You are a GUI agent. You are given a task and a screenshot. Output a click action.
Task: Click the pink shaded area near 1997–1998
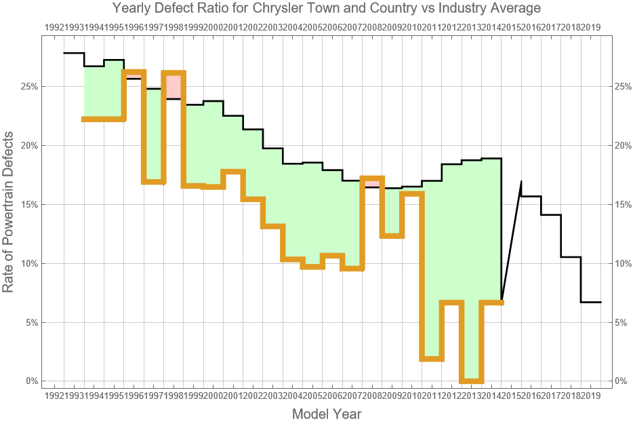tap(173, 86)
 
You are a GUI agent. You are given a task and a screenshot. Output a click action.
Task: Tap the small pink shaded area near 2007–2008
tap(372, 183)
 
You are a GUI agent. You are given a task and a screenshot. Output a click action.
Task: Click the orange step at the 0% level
tap(471, 381)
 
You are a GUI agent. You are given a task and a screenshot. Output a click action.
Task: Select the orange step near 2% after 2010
tap(432, 358)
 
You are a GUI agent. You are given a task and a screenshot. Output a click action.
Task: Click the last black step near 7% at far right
tap(591, 302)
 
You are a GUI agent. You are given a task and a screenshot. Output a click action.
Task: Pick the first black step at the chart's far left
tap(74, 53)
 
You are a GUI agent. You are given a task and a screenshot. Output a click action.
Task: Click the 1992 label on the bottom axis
tap(54, 396)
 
